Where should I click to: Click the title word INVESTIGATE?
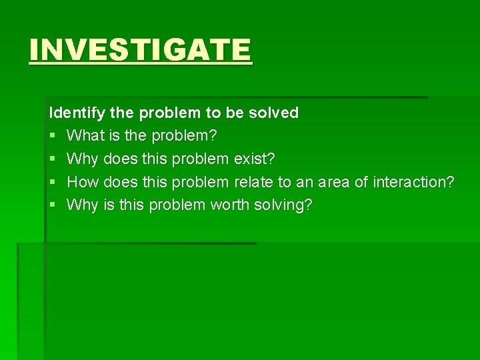click(x=140, y=50)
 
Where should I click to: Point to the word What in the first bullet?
click(x=83, y=136)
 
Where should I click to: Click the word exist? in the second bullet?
click(x=254, y=159)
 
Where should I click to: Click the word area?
click(x=336, y=182)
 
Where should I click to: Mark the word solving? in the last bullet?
click(x=283, y=205)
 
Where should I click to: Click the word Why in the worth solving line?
click(x=83, y=205)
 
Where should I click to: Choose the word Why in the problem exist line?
click(x=83, y=159)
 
